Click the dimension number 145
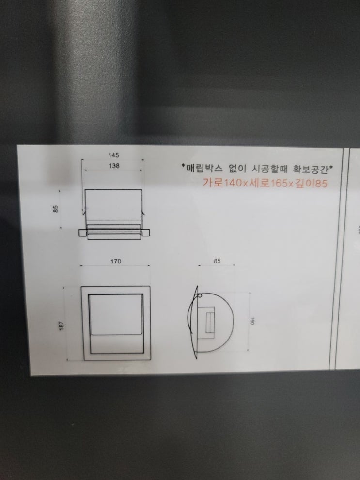coord(113,155)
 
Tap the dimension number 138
coord(114,166)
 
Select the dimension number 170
coord(116,261)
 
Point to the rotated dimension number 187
coord(62,325)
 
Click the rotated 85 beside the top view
coord(55,209)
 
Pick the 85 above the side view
coord(217,261)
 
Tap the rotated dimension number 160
coord(252,321)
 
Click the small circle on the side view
coord(200,296)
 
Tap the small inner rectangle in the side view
coord(211,323)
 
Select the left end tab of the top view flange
coord(83,233)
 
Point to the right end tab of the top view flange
coord(145,233)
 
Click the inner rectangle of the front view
coord(116,324)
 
